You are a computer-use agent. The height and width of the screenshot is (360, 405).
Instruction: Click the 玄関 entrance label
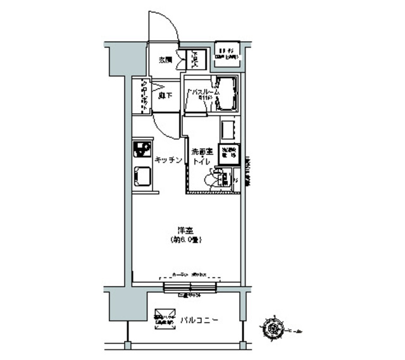click(x=165, y=60)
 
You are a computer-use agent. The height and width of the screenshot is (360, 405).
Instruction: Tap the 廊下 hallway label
click(x=166, y=96)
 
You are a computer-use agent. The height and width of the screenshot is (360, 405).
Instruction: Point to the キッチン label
click(x=168, y=161)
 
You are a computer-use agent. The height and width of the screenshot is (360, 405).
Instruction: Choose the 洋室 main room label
click(x=185, y=230)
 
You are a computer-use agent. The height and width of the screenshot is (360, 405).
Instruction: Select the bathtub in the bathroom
click(x=225, y=93)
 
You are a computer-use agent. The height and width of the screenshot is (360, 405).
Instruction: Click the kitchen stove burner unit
click(x=140, y=150)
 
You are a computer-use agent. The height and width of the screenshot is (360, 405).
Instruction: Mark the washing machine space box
click(x=227, y=154)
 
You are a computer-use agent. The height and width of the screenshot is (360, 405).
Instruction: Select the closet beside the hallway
click(x=143, y=96)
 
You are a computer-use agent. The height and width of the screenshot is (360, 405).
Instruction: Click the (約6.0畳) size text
click(x=186, y=240)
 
